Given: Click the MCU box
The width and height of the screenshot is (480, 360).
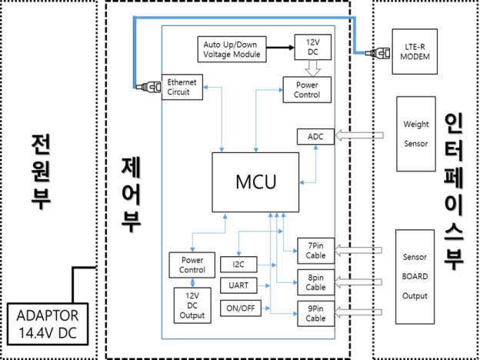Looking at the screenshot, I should point(255,182).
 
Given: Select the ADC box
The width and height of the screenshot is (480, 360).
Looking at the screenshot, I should point(315,136).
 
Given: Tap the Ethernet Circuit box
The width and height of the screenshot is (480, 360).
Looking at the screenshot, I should point(182,87).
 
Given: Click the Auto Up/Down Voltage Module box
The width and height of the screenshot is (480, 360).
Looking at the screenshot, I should point(232,49).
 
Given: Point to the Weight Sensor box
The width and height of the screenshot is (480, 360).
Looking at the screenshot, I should point(416,134).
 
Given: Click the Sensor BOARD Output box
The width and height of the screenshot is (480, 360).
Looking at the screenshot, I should point(415,275).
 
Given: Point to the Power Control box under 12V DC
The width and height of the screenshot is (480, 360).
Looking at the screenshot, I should point(306,89).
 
